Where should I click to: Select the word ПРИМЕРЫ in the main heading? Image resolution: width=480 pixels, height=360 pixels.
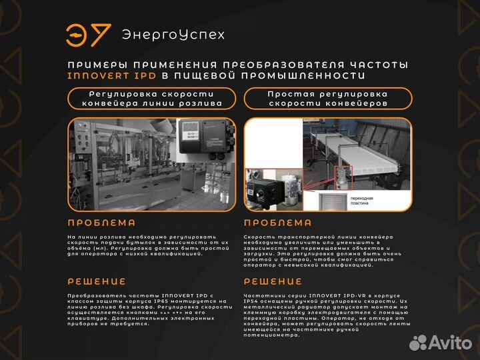click(96, 65)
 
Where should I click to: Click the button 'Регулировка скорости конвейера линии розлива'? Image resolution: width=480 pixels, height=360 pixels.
click(152, 99)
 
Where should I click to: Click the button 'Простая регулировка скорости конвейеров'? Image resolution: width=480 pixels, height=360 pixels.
click(327, 99)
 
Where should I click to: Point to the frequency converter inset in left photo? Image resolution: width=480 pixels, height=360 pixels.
click(203, 144)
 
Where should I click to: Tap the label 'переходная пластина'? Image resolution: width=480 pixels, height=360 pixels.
click(379, 201)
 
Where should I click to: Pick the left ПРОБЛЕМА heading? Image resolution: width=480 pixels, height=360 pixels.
click(101, 223)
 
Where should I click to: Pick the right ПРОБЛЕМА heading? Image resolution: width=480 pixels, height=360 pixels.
click(278, 223)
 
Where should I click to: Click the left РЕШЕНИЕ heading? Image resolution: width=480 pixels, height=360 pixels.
click(97, 281)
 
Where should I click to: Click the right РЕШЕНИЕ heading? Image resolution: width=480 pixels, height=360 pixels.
click(273, 281)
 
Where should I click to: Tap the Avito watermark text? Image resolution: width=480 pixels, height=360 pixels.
click(449, 343)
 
